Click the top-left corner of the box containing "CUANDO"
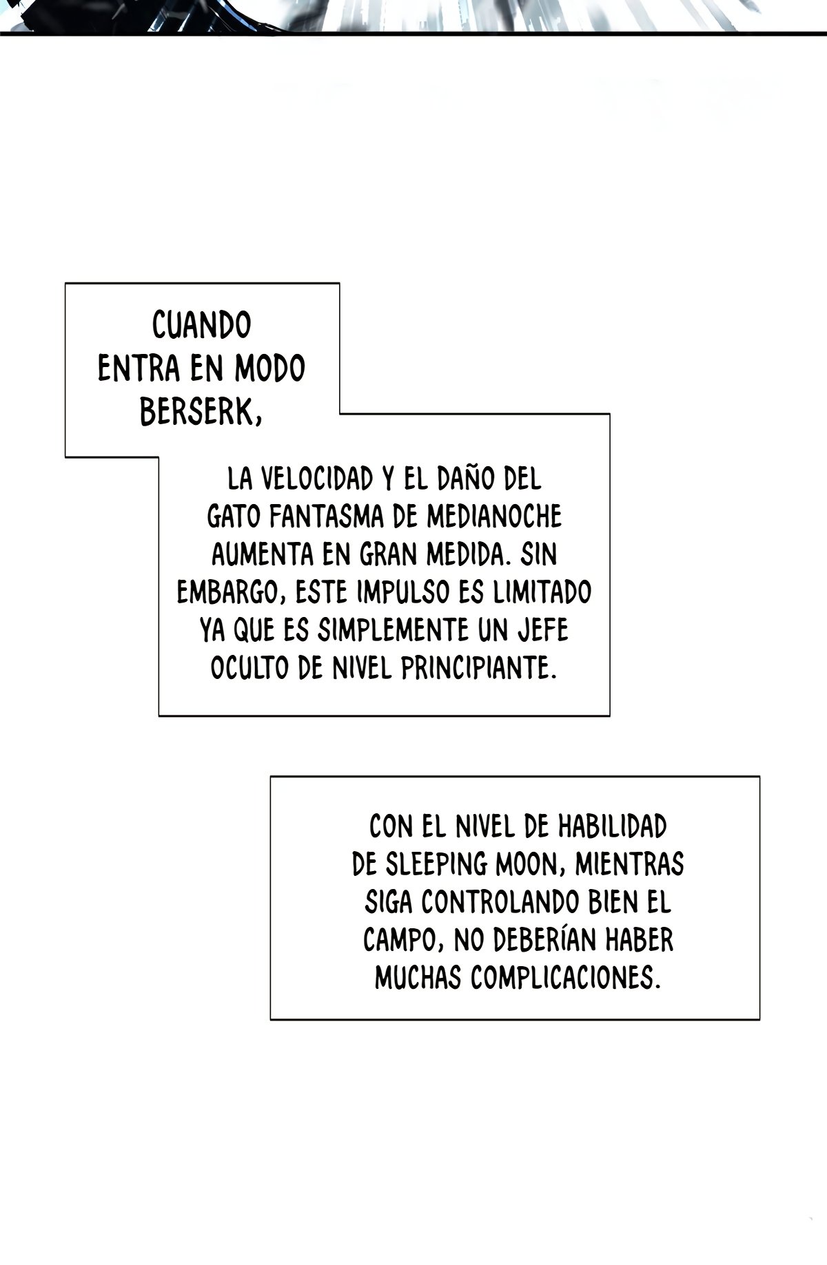coord(65,283)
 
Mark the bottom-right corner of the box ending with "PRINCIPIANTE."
coord(609,715)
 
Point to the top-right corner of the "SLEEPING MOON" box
coord(759,777)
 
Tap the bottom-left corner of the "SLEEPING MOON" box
coord(271,1019)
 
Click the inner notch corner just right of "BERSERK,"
coord(339,414)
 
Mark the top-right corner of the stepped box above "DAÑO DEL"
coord(609,414)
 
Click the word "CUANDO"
coord(201,325)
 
